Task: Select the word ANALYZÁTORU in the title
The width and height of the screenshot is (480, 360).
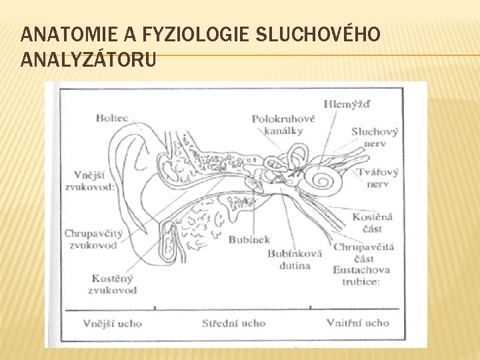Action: tap(89, 61)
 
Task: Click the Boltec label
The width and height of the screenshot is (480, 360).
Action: tap(112, 118)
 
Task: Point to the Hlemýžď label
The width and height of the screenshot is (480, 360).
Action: tap(347, 104)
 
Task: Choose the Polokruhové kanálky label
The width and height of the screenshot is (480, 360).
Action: tap(283, 125)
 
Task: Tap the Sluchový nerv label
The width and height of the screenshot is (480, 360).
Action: tap(375, 137)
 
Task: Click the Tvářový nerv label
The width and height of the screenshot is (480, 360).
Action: tap(377, 177)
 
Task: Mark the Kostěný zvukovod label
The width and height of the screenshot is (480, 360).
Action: tap(112, 284)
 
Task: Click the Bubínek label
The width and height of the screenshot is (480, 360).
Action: tap(249, 239)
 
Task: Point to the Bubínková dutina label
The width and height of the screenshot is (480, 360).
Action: tap(295, 259)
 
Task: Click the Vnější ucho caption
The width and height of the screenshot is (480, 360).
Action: tap(112, 323)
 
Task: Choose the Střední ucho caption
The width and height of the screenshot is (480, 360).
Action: tap(233, 323)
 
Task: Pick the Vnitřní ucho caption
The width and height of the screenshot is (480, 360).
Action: tap(357, 323)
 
